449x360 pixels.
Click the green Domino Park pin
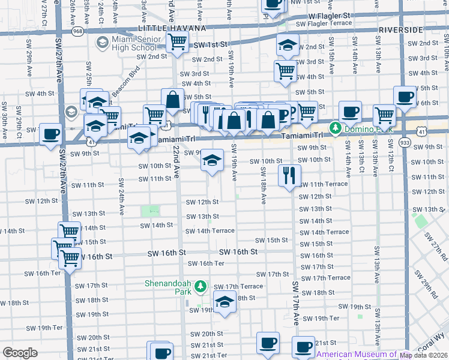[x=334, y=128]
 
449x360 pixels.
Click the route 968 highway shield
[x=77, y=30]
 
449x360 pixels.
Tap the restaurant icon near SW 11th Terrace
[x=289, y=175]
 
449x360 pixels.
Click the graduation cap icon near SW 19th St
[x=224, y=302]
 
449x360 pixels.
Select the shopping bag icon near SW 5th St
[x=172, y=100]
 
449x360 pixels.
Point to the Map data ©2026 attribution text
[x=424, y=355]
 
